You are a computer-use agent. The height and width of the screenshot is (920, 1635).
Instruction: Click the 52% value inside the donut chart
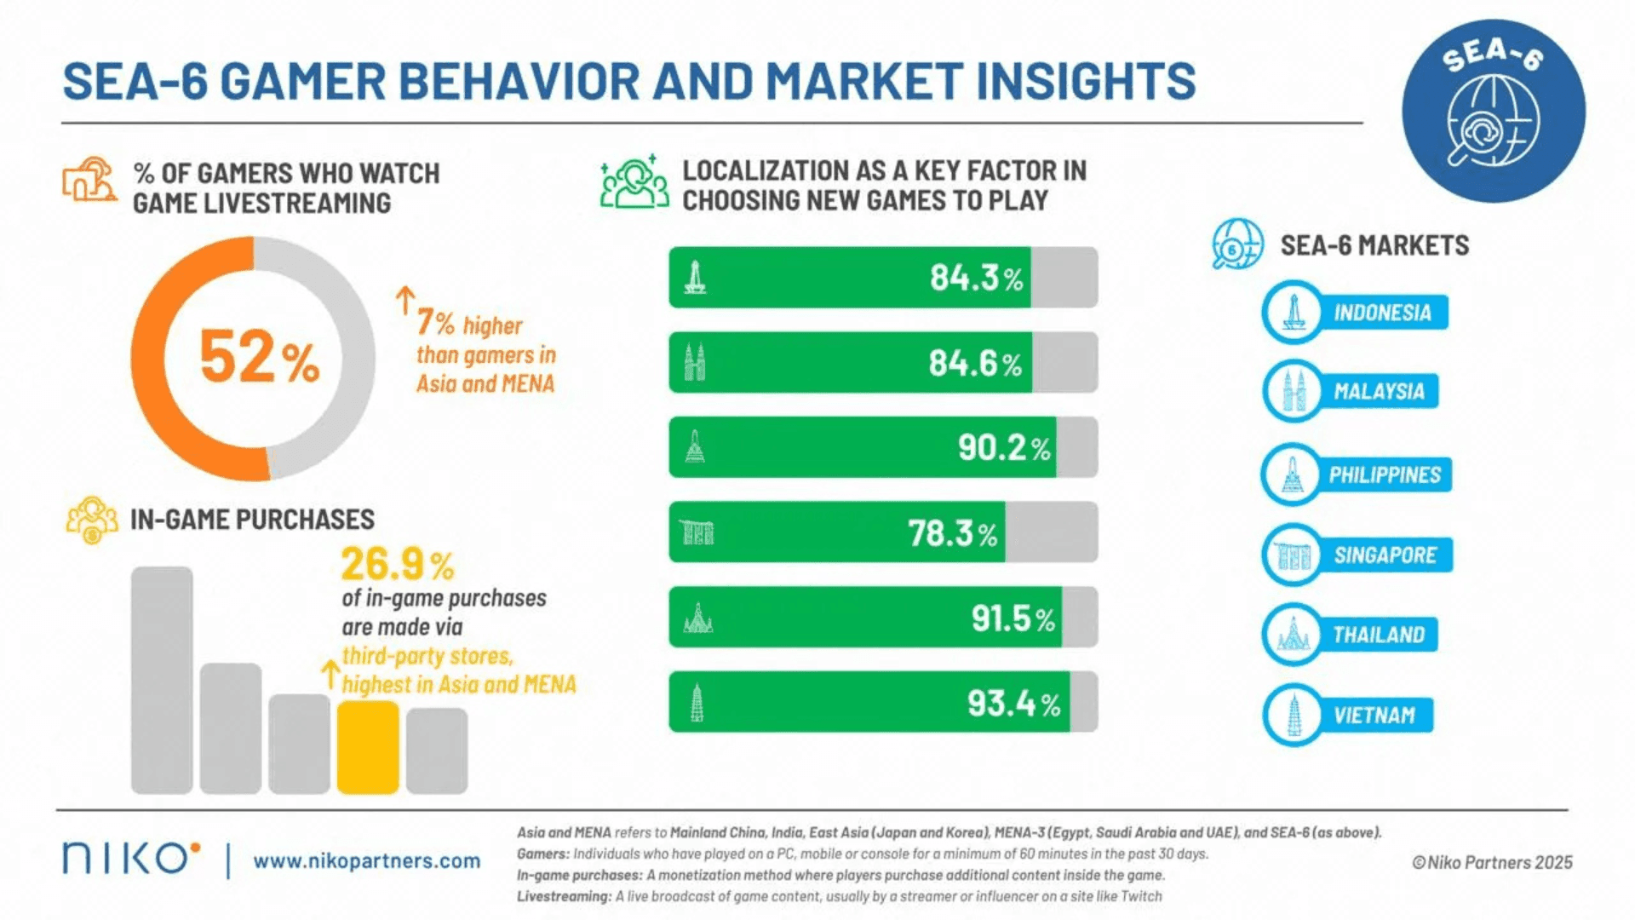259,358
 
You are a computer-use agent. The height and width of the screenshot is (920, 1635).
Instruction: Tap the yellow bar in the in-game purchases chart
368,747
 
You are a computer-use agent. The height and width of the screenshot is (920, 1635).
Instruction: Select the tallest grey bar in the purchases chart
162,680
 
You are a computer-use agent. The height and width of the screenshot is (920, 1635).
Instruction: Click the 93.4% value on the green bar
1013,704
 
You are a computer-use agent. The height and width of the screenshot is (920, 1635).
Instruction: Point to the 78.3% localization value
952,534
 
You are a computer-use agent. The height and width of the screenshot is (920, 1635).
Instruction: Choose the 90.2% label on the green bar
1003,448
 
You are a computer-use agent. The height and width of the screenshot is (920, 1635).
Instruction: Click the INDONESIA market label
1381,313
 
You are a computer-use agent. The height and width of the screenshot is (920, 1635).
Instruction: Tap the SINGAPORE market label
1385,555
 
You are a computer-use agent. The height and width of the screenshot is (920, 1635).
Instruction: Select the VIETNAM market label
1374,716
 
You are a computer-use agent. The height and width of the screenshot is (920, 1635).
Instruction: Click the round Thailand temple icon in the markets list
1293,635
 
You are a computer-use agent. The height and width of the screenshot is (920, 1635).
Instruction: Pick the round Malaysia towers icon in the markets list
1293,392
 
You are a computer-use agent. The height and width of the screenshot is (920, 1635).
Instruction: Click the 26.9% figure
397,564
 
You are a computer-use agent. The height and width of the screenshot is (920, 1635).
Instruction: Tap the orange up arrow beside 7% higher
405,300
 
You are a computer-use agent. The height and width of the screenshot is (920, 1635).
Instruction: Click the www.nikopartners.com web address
366,861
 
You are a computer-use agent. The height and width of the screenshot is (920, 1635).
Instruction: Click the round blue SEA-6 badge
1493,112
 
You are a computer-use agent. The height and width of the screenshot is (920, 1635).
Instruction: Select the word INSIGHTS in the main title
1086,82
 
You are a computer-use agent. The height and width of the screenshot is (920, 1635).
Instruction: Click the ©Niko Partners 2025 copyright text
1492,862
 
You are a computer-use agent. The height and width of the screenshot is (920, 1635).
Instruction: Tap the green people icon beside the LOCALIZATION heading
634,182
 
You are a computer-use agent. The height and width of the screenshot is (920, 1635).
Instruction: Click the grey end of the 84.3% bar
1064,278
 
